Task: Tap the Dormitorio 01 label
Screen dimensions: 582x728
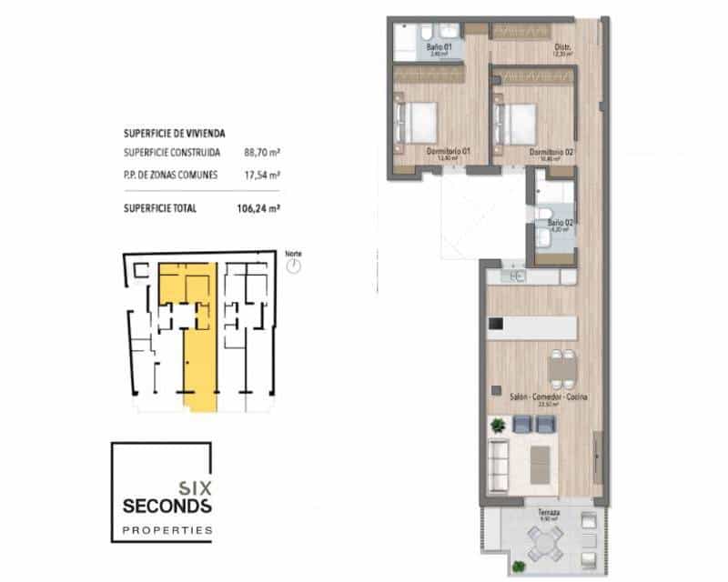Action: (x=446, y=151)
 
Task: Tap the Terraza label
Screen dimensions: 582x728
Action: (x=548, y=513)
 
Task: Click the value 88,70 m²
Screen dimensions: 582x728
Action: (x=261, y=153)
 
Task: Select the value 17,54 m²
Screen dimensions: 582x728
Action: (x=261, y=175)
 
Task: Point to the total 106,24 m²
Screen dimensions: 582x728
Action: (x=258, y=207)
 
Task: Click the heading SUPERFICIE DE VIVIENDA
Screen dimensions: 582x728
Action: (x=175, y=132)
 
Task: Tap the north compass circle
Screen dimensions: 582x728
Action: (x=293, y=266)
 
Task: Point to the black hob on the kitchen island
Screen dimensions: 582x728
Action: (x=496, y=324)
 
